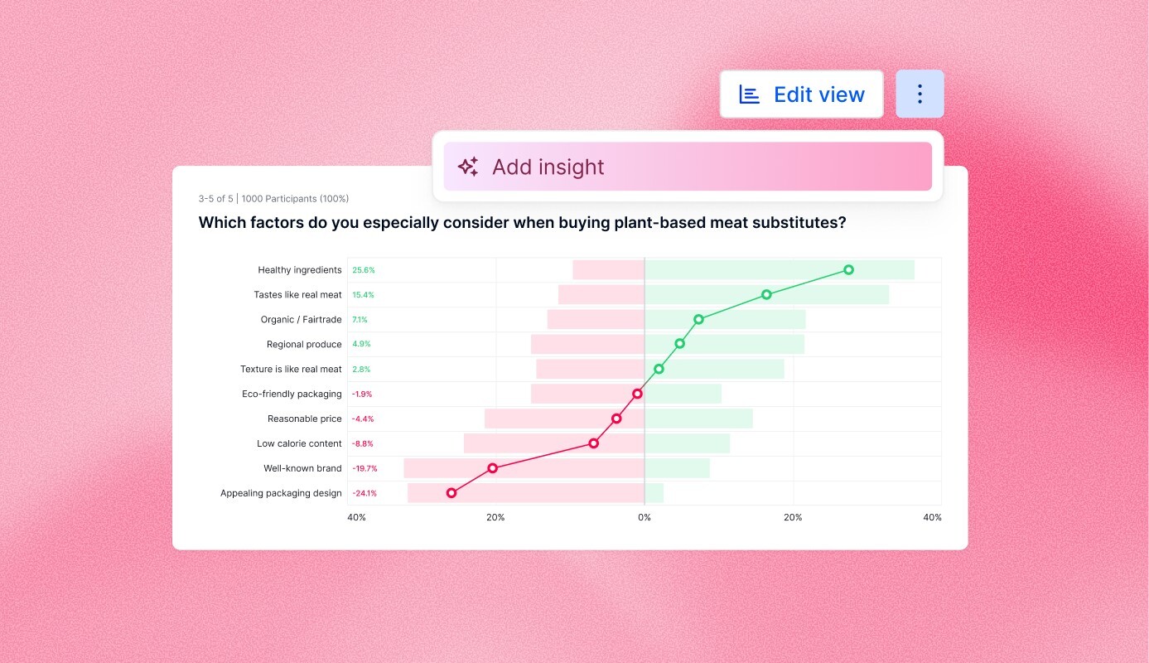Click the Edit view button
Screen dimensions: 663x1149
tap(801, 94)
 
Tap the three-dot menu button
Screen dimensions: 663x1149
tap(920, 94)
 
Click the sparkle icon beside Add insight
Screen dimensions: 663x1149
tap(468, 167)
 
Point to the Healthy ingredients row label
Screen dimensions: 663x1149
tap(299, 270)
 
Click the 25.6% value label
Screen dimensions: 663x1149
tap(364, 270)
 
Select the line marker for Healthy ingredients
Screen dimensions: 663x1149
tap(848, 269)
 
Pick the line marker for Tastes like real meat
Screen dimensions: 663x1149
tap(766, 294)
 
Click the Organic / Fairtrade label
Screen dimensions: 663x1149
tap(301, 320)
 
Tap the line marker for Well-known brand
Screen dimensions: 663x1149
tap(493, 468)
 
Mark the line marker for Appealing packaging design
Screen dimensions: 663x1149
tap(451, 493)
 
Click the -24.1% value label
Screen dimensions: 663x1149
tap(364, 494)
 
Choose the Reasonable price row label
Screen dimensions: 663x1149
tap(304, 419)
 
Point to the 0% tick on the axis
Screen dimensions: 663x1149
tap(644, 518)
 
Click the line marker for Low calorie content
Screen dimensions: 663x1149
tap(593, 443)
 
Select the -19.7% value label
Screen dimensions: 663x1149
tap(364, 469)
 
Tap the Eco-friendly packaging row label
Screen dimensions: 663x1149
tap(292, 394)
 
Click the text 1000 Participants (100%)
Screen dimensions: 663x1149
tap(295, 199)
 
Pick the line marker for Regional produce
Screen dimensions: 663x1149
tap(679, 343)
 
